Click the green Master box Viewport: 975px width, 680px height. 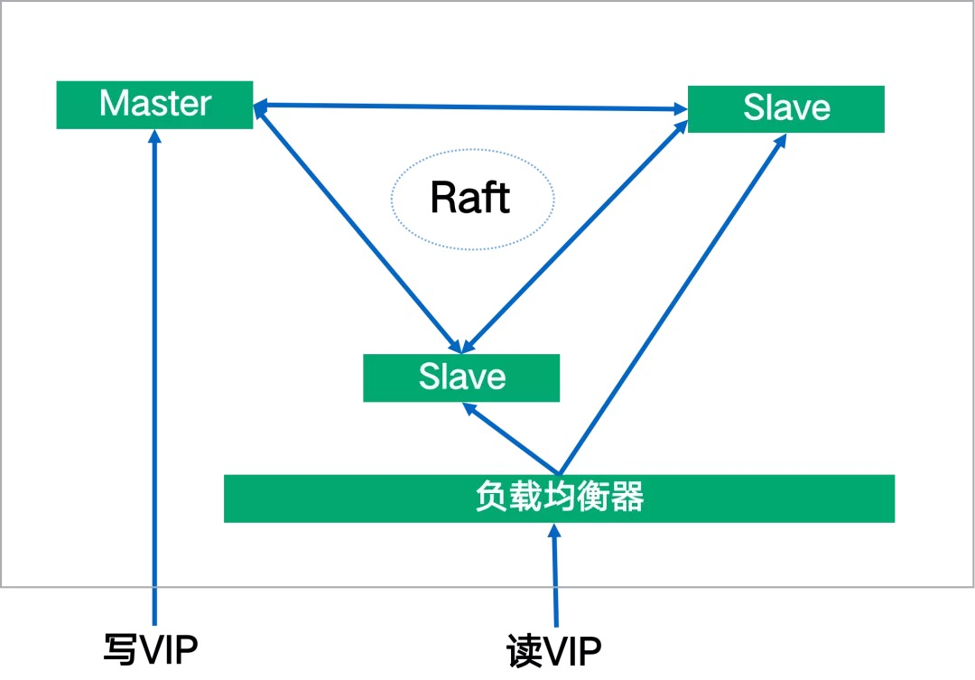155,105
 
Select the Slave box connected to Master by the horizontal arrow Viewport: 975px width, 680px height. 786,109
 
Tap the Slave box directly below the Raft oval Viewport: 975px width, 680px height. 461,377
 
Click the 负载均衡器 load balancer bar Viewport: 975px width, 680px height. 559,498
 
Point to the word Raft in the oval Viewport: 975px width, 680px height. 470,198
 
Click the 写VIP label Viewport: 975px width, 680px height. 151,649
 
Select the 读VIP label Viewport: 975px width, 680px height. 554,650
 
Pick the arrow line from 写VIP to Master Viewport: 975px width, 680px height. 155,377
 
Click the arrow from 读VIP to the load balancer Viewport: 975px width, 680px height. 554,575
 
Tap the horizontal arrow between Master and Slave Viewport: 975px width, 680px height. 470,107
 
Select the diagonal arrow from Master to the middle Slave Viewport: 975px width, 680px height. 357,228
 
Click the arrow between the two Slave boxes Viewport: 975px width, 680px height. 574,237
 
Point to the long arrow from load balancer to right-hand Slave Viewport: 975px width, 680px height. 673,303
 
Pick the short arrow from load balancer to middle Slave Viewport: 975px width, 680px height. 510,439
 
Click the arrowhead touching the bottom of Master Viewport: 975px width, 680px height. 155,135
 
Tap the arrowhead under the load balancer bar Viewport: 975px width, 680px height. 554,529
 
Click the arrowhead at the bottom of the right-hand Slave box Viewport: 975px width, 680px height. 781,139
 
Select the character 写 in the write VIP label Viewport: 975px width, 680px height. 119,649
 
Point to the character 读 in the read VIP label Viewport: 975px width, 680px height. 524,651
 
